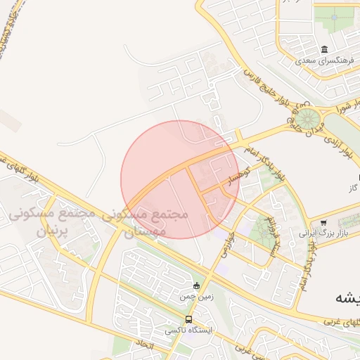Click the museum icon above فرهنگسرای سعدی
pyautogui.click(x=323, y=50)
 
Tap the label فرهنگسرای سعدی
pyautogui.click(x=323, y=61)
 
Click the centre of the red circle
pyautogui.click(x=180, y=179)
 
